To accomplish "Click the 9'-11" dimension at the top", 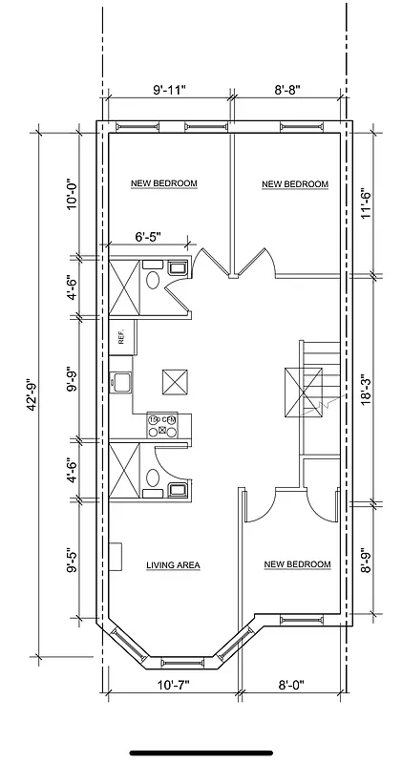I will pos(169,91).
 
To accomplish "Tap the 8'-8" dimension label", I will pos(287,91).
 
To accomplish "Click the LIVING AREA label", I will pos(173,565).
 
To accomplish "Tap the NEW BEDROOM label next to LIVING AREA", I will pos(297,564).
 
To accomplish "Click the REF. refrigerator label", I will pos(121,336).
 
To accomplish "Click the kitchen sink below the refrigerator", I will pos(120,385).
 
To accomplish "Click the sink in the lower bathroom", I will pos(178,491).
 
